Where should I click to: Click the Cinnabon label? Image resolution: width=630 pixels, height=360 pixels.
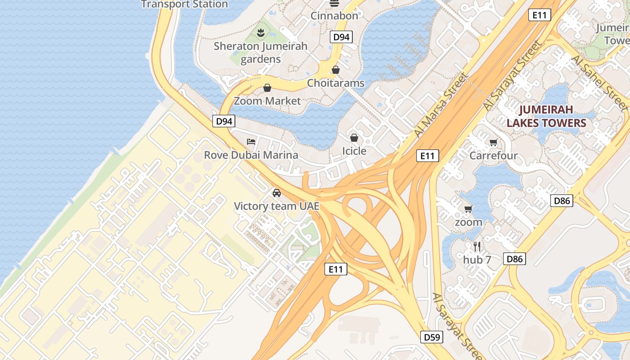[334, 16]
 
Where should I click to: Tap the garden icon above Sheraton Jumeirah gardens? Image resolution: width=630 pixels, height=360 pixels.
[261, 32]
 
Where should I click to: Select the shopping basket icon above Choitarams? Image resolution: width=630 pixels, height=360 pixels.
[336, 70]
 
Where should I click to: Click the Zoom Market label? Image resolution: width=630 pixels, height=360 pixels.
[267, 101]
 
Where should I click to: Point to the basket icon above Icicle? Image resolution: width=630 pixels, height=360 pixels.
[354, 138]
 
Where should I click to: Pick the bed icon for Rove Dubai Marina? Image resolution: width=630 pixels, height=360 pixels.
[251, 142]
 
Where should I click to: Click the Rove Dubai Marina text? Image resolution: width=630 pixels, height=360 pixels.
[251, 155]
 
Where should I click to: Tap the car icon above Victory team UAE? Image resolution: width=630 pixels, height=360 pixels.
[277, 193]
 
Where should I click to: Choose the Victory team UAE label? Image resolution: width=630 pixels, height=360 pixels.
[277, 206]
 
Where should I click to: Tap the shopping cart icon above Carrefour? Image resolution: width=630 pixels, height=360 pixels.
[493, 143]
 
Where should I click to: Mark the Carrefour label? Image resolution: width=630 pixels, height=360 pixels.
[493, 156]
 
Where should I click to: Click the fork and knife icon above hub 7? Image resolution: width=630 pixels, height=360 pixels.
[477, 246]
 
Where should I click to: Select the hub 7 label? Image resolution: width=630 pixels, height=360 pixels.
[477, 260]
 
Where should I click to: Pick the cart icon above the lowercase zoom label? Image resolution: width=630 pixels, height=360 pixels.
[468, 209]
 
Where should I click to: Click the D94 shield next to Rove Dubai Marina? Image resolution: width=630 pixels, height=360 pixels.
[224, 121]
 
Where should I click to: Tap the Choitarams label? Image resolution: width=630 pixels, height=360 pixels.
[336, 83]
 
